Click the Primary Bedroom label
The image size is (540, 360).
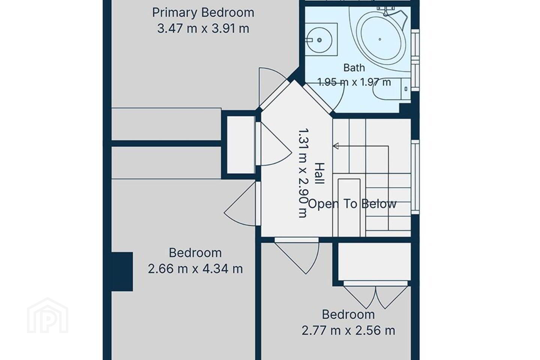203,13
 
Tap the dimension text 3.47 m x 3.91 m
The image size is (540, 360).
203,29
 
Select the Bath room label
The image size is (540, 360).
354,68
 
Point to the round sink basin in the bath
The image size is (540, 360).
319,40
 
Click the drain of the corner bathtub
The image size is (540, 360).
380,39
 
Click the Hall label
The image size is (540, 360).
320,173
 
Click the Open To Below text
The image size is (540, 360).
352,204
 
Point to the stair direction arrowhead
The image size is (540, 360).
336,146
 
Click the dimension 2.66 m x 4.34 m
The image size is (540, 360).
195,269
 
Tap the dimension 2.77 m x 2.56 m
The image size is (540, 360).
348,330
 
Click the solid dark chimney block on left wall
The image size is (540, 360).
122,271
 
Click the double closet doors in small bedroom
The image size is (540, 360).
376,297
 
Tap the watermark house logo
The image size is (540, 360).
48,316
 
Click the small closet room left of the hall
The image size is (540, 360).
241,145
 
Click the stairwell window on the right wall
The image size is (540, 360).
415,177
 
